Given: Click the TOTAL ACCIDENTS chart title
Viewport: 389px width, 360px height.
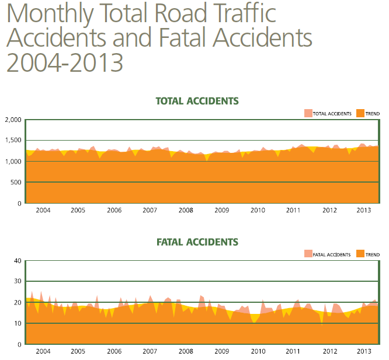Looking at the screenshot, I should click(197, 101).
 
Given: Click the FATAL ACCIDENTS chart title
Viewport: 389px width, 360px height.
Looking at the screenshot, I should click(197, 242).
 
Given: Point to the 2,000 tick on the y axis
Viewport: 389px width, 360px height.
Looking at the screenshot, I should click(13, 120).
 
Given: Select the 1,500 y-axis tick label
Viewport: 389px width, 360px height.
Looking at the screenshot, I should click(13, 141).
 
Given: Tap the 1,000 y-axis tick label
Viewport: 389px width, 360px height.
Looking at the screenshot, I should click(13, 162).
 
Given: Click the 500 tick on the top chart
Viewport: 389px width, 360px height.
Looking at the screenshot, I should click(16, 183).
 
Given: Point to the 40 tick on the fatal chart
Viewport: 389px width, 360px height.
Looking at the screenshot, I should click(18, 261).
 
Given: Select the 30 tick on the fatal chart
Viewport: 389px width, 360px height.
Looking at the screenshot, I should click(18, 282).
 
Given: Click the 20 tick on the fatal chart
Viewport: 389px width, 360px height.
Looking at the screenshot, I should click(18, 303).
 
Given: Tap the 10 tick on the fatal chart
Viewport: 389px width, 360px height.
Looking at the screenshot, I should click(18, 323).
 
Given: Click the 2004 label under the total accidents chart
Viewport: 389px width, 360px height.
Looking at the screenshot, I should click(43, 210).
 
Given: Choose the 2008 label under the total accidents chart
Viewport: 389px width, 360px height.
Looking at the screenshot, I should click(186, 210).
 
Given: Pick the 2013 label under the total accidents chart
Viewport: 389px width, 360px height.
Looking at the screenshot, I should click(364, 210).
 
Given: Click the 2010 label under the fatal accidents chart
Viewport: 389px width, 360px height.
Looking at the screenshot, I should click(258, 351).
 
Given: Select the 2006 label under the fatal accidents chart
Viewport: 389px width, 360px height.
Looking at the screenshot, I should click(114, 351).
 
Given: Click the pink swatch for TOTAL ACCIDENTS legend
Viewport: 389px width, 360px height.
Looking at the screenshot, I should click(308, 113).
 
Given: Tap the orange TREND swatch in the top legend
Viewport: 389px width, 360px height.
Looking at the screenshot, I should click(360, 113).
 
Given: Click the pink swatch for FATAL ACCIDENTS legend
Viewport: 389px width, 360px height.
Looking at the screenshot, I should click(308, 254).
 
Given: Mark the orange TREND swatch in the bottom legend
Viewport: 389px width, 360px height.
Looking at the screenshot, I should click(360, 254).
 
